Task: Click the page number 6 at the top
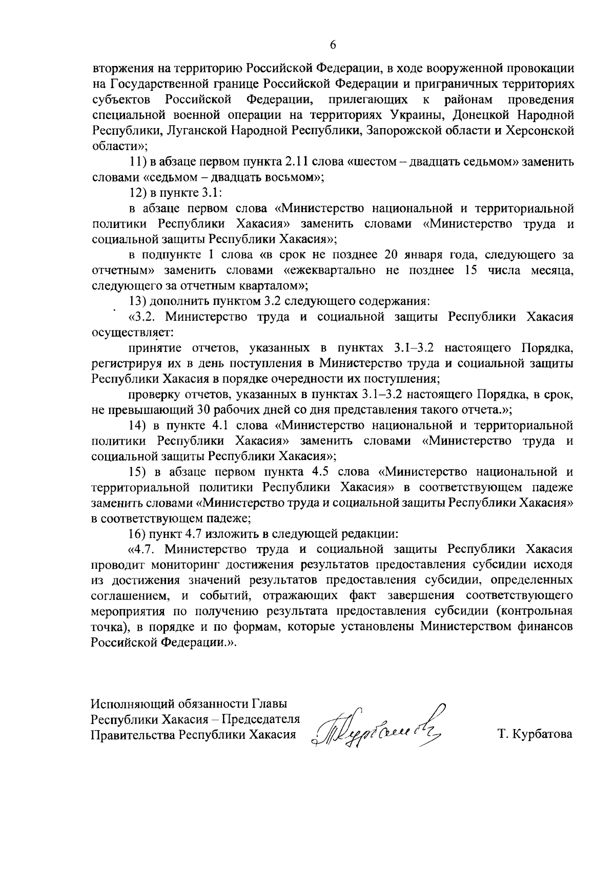333,45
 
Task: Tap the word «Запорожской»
406,130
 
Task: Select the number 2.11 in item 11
295,161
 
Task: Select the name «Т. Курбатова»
535,734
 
